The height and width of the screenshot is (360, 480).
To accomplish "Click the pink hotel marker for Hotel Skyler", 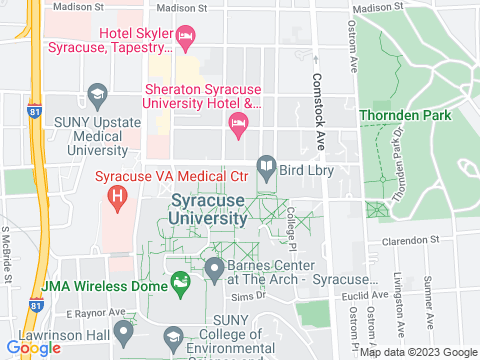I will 185,38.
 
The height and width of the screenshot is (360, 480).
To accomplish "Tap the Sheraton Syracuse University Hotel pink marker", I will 237,124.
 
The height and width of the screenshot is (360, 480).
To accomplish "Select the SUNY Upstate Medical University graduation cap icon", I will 97,96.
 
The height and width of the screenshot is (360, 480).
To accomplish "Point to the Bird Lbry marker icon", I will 266,166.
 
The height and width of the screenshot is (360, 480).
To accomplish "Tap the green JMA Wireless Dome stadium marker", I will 180,284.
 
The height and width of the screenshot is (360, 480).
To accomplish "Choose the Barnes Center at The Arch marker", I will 214,268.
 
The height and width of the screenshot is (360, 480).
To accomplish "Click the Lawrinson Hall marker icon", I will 123,331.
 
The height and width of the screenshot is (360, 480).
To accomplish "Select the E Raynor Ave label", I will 103,312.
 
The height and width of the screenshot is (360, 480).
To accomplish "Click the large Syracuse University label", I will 207,208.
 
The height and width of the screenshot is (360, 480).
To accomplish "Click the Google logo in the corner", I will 33,348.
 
